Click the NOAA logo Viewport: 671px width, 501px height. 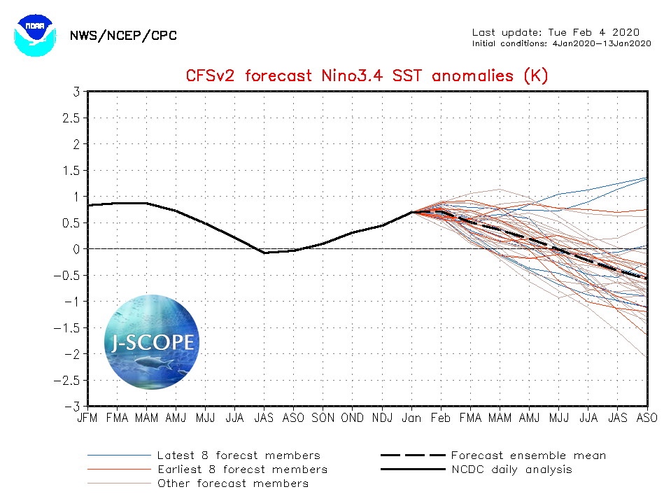coord(33,33)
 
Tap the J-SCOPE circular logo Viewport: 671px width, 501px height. coord(152,343)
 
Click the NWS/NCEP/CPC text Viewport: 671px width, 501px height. coord(123,36)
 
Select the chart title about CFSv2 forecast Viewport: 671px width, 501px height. coord(367,76)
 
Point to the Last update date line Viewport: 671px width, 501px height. coord(556,32)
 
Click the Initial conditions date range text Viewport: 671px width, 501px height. coord(562,43)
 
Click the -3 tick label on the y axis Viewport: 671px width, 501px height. coord(73,407)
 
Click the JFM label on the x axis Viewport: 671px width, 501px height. coord(87,418)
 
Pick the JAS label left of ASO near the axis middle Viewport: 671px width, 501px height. coord(264,418)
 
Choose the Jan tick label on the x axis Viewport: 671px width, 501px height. coord(411,418)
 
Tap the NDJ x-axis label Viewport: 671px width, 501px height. coord(382,418)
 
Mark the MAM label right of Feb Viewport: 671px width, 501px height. coord(500,418)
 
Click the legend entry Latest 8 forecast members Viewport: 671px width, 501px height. coord(239,456)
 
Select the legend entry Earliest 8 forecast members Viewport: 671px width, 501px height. coord(242,470)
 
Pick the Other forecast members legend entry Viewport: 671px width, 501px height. coord(232,484)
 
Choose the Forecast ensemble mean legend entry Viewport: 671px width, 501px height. coord(528,456)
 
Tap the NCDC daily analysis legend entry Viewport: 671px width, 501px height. coord(511,470)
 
